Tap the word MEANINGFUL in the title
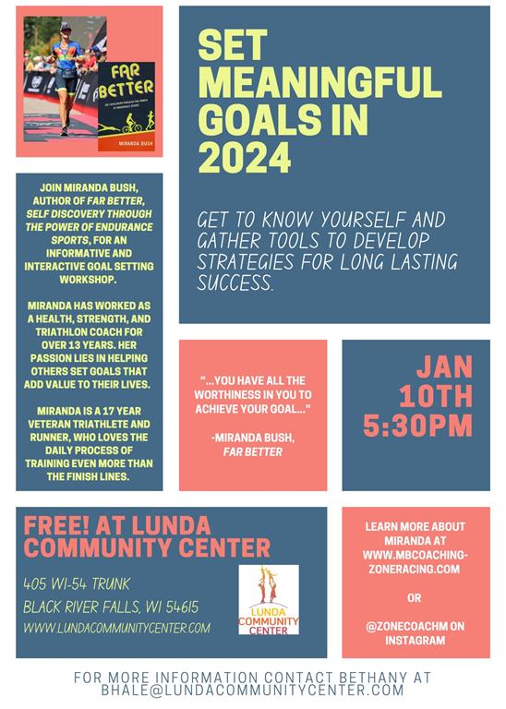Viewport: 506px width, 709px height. pyautogui.click(x=319, y=83)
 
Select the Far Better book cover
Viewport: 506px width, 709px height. pyautogui.click(x=126, y=106)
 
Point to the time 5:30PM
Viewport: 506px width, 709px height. pyautogui.click(x=417, y=426)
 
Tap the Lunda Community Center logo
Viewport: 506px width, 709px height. pyautogui.click(x=269, y=599)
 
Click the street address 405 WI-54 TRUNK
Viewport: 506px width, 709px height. pyautogui.click(x=78, y=583)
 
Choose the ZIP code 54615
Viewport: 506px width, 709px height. pyautogui.click(x=177, y=607)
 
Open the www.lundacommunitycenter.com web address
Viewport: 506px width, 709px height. pyautogui.click(x=117, y=628)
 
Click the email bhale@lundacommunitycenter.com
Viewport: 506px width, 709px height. pyautogui.click(x=253, y=691)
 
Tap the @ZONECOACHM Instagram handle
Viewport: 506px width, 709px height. pyautogui.click(x=407, y=625)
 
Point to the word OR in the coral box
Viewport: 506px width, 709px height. pyautogui.click(x=415, y=597)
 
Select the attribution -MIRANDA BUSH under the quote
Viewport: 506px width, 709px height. pyautogui.click(x=252, y=437)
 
